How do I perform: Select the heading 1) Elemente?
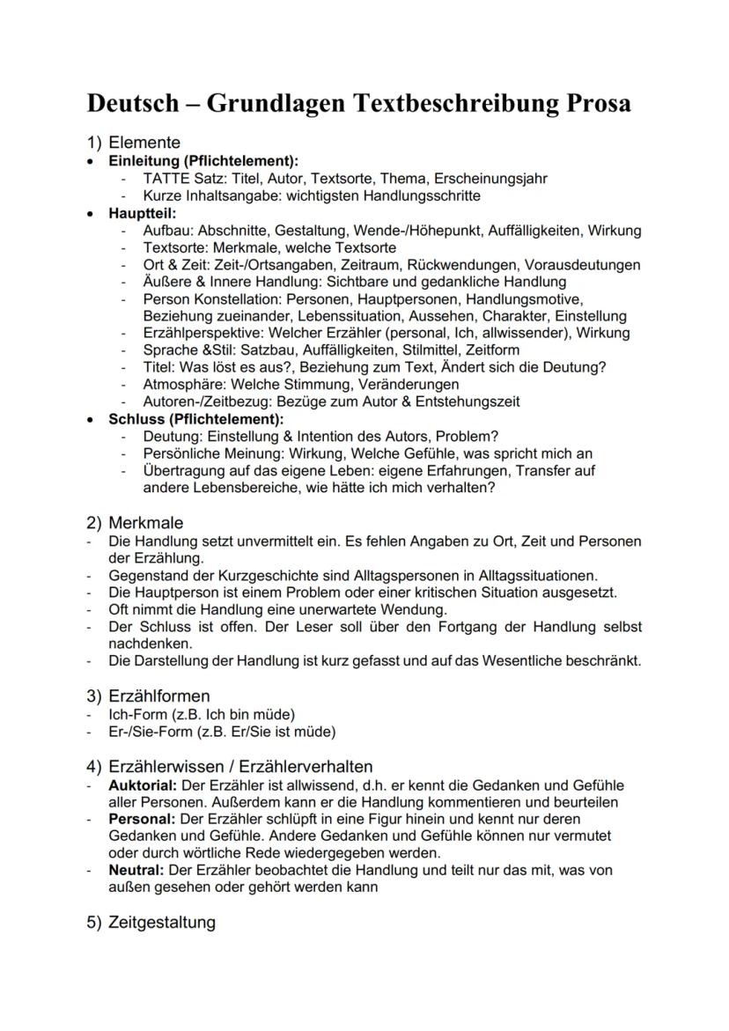pyautogui.click(x=133, y=143)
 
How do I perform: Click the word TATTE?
pyautogui.click(x=166, y=179)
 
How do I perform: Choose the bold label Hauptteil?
pyautogui.click(x=142, y=213)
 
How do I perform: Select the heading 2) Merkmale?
pyautogui.click(x=133, y=523)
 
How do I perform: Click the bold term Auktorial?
pyautogui.click(x=144, y=784)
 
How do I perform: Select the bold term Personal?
pyautogui.click(x=140, y=818)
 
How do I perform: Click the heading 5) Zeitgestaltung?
pyautogui.click(x=151, y=923)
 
